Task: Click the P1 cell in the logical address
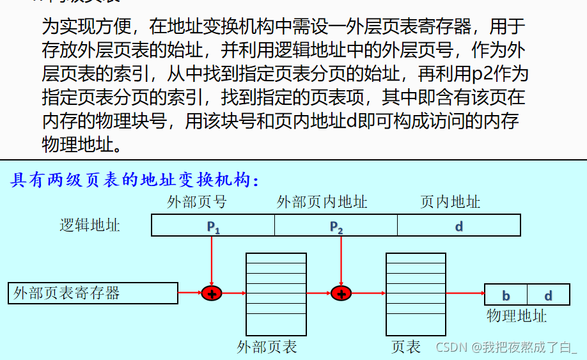(213, 226)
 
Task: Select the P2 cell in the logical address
(336, 226)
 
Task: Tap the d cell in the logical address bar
(458, 226)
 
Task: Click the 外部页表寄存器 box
(93, 293)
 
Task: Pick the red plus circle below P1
(211, 293)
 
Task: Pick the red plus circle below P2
(341, 293)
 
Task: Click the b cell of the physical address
(506, 295)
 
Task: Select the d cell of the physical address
(548, 295)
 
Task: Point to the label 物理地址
(517, 316)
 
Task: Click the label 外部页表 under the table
(267, 347)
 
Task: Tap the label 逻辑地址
(90, 225)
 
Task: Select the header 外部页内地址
(322, 203)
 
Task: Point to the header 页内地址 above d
(450, 203)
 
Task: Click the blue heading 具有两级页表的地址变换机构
(134, 180)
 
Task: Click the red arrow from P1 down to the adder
(211, 259)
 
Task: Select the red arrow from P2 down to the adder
(341, 259)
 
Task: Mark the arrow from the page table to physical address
(465, 293)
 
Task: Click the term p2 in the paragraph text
(478, 74)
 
